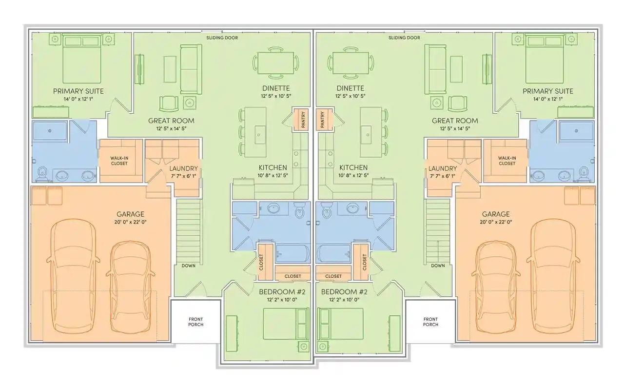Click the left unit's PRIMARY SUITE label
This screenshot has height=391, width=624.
click(78, 91)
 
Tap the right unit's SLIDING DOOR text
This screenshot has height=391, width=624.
click(404, 38)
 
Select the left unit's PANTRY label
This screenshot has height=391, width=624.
click(303, 120)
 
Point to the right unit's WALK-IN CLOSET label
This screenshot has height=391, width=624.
click(507, 161)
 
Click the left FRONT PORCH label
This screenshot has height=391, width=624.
click(196, 322)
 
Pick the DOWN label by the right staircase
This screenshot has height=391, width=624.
click(438, 266)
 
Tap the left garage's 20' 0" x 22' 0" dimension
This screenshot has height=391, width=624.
click(130, 222)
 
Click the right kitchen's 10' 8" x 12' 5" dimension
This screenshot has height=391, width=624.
click(353, 175)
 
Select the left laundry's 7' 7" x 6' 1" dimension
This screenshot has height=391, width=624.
click(184, 176)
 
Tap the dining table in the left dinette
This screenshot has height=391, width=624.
click(276, 63)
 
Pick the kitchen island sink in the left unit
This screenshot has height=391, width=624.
click(259, 135)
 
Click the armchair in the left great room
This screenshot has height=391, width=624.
click(169, 104)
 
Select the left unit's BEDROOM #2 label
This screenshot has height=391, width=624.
click(282, 292)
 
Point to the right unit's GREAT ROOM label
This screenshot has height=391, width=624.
click(455, 121)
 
